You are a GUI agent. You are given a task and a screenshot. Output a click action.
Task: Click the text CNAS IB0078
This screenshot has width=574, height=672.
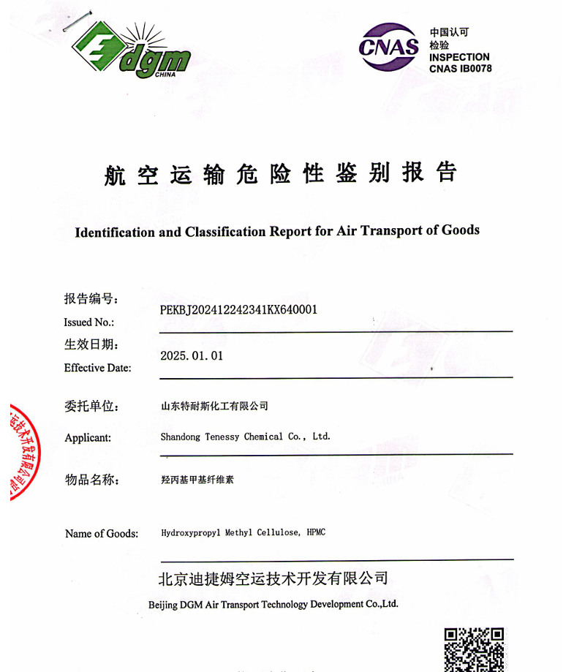pyautogui.click(x=460, y=69)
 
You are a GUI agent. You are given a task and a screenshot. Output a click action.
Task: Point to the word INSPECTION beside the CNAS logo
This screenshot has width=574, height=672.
pyautogui.click(x=459, y=57)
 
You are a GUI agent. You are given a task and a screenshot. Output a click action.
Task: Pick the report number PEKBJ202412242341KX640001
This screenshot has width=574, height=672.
pyautogui.click(x=238, y=310)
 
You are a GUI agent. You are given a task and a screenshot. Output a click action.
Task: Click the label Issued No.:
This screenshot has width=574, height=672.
pyautogui.click(x=89, y=322)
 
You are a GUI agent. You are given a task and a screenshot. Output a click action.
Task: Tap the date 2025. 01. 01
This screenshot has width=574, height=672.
pyautogui.click(x=192, y=356)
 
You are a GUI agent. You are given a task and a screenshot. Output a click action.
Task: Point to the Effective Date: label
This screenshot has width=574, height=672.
pyautogui.click(x=98, y=368)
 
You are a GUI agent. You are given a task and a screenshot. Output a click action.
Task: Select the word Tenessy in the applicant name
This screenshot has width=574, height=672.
pyautogui.click(x=221, y=437)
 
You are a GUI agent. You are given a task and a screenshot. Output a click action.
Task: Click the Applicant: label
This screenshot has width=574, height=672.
pyautogui.click(x=88, y=438)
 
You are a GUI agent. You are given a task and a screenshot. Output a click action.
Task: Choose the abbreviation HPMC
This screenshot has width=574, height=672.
pyautogui.click(x=316, y=532)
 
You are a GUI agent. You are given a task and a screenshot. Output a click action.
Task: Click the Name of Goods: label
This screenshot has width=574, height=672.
pyautogui.click(x=102, y=534)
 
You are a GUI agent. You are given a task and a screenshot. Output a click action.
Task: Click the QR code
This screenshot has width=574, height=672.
pyautogui.click(x=475, y=649)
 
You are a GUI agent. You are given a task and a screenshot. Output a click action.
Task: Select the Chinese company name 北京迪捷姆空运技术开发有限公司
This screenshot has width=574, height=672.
pyautogui.click(x=273, y=578)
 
